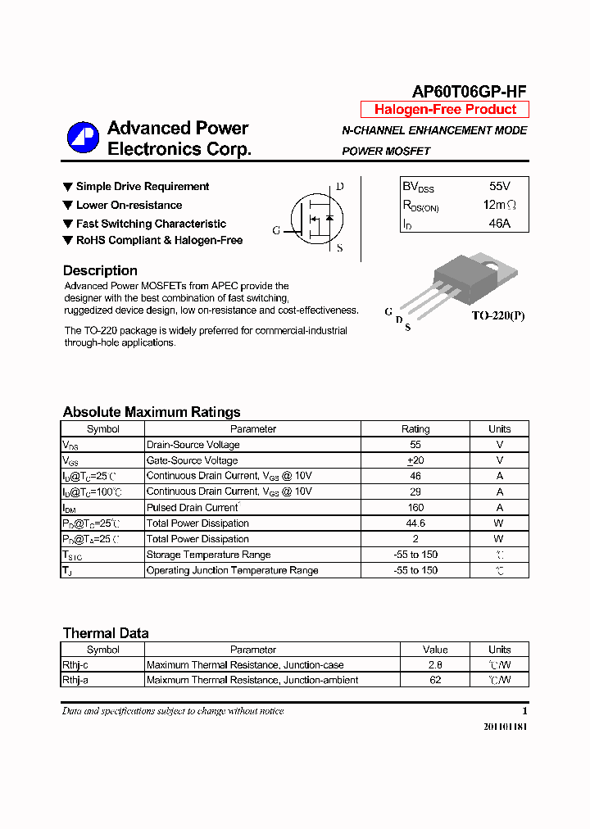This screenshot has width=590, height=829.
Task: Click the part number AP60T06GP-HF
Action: click(468, 92)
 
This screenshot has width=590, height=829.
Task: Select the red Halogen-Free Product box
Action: click(445, 110)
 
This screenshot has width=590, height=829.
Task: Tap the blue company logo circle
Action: click(83, 138)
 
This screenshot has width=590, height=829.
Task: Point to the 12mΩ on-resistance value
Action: click(499, 205)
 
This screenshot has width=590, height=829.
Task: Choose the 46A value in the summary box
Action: click(499, 223)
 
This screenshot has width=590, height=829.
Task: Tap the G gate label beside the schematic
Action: click(276, 230)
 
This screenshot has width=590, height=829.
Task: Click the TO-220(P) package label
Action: click(497, 315)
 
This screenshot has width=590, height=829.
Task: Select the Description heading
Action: click(100, 270)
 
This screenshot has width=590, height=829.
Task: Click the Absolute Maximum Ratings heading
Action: click(152, 412)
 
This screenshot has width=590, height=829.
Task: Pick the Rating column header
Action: click(415, 428)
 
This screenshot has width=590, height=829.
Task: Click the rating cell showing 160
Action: click(415, 507)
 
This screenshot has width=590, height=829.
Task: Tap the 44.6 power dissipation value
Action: click(415, 523)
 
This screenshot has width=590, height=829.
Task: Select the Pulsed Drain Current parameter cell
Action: click(192, 507)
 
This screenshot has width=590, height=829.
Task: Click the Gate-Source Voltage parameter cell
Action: click(193, 460)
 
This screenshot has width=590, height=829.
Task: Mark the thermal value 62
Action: click(435, 680)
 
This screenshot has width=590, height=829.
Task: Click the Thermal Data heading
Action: click(106, 632)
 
